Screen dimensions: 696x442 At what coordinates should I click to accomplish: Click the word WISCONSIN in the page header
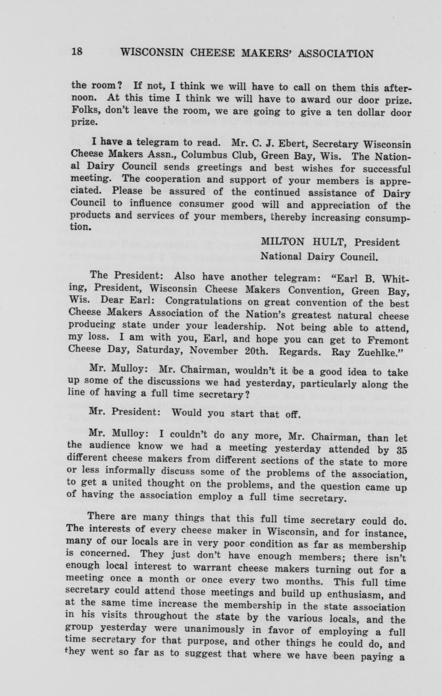154,53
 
